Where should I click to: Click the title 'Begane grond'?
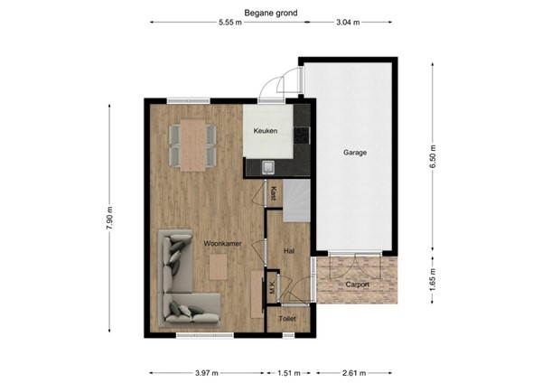(x=271, y=14)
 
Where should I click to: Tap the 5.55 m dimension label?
(x=229, y=25)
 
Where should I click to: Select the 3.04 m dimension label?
(x=347, y=25)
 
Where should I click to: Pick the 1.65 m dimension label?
(x=433, y=277)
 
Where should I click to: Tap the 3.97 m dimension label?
(x=207, y=371)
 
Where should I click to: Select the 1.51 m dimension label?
(x=289, y=371)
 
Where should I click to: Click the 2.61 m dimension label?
(x=353, y=371)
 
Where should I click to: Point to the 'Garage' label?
(x=354, y=153)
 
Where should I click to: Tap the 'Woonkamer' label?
(x=220, y=244)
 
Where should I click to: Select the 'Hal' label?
(x=289, y=251)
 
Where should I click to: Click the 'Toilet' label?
(x=287, y=319)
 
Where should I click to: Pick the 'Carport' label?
(x=358, y=284)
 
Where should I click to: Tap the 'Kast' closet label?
(x=273, y=192)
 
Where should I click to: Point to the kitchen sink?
(x=268, y=166)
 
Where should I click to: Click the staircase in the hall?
(x=295, y=201)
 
